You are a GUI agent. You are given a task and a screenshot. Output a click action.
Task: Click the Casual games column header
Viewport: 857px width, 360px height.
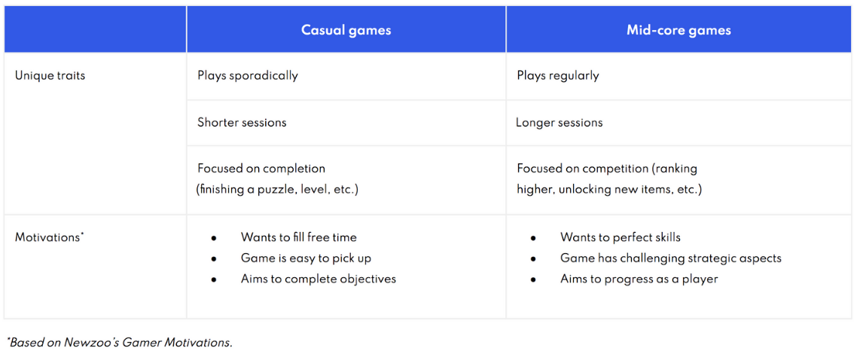pyautogui.click(x=346, y=30)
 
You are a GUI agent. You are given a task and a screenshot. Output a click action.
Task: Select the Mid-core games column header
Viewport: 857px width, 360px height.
pyautogui.click(x=679, y=30)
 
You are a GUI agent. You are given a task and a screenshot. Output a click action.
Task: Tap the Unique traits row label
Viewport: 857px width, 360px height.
pyautogui.click(x=50, y=75)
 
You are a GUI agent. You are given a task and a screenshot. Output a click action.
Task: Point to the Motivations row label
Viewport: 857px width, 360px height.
pyautogui.click(x=49, y=238)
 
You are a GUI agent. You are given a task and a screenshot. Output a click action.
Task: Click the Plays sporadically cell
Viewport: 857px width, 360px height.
pyautogui.click(x=248, y=75)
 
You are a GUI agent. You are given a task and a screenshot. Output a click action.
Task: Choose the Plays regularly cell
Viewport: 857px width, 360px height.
pyautogui.click(x=558, y=75)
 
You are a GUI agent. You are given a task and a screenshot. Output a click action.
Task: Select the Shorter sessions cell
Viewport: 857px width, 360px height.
pyautogui.click(x=242, y=122)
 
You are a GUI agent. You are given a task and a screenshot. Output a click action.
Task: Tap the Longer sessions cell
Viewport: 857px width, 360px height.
pyautogui.click(x=559, y=122)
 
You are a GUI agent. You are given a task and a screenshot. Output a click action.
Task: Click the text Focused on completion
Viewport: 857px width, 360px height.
pyautogui.click(x=261, y=169)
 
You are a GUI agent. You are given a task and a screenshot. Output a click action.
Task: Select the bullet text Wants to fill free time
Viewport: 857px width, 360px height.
pyautogui.click(x=298, y=238)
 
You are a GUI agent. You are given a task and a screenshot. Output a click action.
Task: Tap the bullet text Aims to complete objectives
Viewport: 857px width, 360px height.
pyautogui.click(x=319, y=279)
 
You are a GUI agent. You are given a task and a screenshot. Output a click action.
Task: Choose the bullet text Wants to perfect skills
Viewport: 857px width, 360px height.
pyautogui.click(x=621, y=238)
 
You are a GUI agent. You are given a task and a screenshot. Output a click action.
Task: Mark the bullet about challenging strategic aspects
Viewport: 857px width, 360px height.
pyautogui.click(x=671, y=258)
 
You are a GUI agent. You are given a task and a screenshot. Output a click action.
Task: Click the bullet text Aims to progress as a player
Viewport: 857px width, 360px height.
pyautogui.click(x=639, y=279)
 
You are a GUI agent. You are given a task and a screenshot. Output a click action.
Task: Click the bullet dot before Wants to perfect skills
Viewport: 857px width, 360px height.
pyautogui.click(x=533, y=238)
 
